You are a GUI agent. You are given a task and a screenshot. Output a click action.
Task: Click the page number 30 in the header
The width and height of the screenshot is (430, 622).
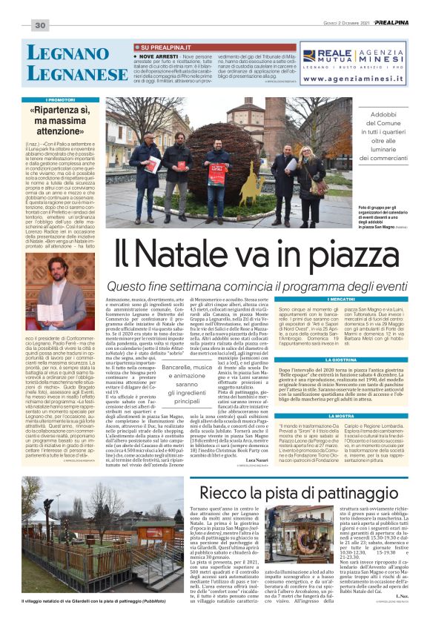pos(40,26)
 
